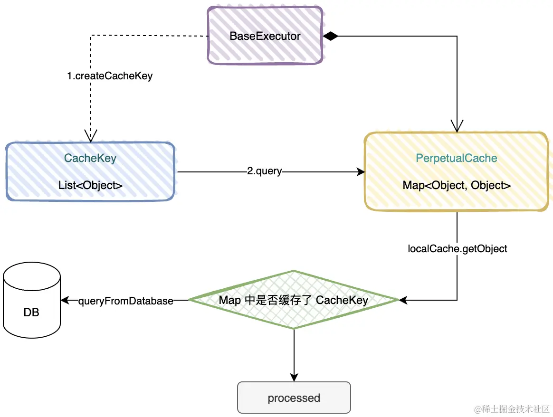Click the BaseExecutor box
click(265, 36)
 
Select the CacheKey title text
click(90, 159)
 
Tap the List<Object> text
click(90, 185)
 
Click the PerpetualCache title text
click(457, 159)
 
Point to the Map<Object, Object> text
click(457, 185)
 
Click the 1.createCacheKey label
click(110, 76)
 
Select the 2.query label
click(264, 171)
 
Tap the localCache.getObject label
click(458, 248)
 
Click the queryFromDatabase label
click(125, 301)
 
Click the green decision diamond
click(294, 300)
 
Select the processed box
click(294, 398)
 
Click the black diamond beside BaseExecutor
click(330, 36)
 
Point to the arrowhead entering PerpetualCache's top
click(457, 127)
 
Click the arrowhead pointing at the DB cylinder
click(66, 300)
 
